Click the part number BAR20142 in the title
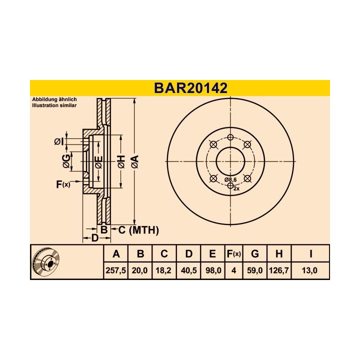[x=190, y=88]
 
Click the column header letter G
[x=255, y=254]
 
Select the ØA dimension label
[x=134, y=161]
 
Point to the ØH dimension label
[x=120, y=161]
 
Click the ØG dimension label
[x=65, y=161]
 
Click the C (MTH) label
[x=138, y=230]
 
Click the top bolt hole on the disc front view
[x=230, y=138]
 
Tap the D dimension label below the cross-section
[x=95, y=238]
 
